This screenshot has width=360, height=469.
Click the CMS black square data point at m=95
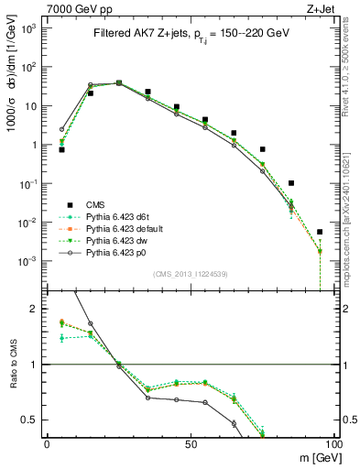tap(320, 232)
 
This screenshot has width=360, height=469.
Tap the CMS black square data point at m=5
tap(61, 149)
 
